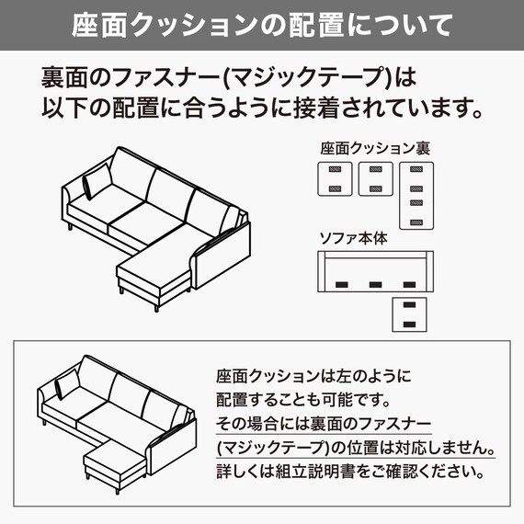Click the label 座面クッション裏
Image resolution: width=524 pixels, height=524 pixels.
pyautogui.click(x=376, y=147)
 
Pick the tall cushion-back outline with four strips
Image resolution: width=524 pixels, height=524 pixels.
pyautogui.click(x=416, y=195)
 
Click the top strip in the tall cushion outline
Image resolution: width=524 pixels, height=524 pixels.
pyautogui.click(x=416, y=172)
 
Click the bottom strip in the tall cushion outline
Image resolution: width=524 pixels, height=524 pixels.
pyautogui.click(x=416, y=221)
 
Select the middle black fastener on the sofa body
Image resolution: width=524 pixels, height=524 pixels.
pyautogui.click(x=376, y=284)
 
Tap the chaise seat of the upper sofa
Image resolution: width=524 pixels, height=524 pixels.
pyautogui.click(x=154, y=271)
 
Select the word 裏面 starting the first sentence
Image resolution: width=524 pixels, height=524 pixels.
pyautogui.click(x=63, y=74)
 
